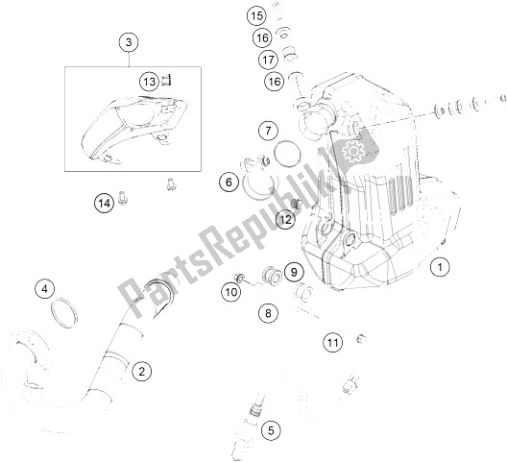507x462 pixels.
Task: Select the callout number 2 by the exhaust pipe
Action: point(142,370)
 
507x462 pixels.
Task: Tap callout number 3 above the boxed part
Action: point(131,41)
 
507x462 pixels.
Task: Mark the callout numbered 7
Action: point(268,131)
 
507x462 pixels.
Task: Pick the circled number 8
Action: point(268,312)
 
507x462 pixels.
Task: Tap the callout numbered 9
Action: point(294,274)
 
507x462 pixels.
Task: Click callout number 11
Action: point(332,342)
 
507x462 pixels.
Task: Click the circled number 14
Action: point(103,202)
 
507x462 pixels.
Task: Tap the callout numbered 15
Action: point(255,15)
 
